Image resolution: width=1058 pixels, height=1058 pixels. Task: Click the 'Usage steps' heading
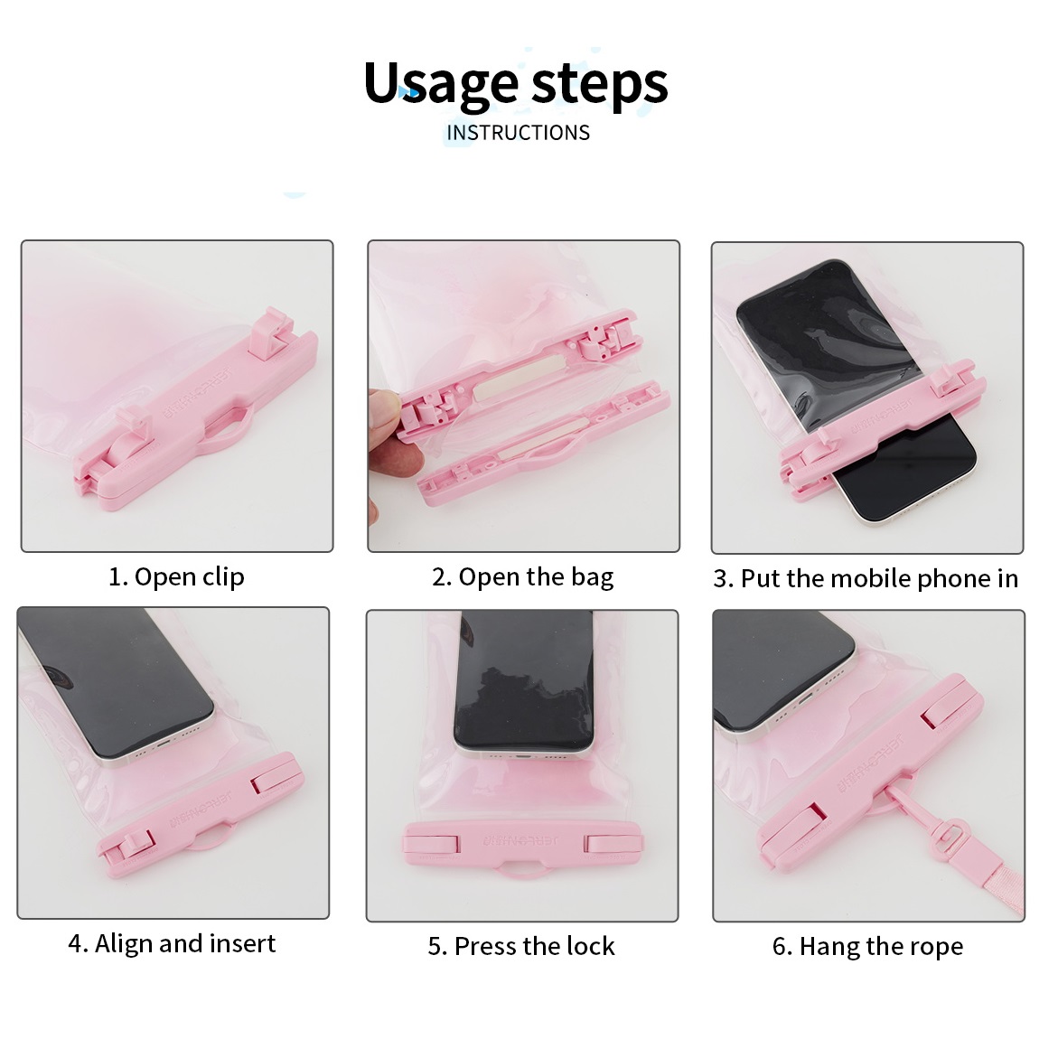point(516,84)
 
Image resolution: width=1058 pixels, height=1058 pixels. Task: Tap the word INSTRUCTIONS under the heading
point(519,133)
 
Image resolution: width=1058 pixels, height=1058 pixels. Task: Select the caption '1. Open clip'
point(177,577)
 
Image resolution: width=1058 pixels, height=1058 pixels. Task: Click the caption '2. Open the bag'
point(523,577)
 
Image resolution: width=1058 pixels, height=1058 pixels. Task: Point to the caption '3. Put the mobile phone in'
point(866,579)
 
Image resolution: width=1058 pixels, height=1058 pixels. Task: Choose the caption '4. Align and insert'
point(172,943)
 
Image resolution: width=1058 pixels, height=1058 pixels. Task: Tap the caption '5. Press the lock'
point(521,946)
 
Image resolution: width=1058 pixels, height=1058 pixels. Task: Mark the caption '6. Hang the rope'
point(867,946)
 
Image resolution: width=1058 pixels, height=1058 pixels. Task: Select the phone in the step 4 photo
point(115,685)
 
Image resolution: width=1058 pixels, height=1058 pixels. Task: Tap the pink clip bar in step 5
point(523,844)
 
